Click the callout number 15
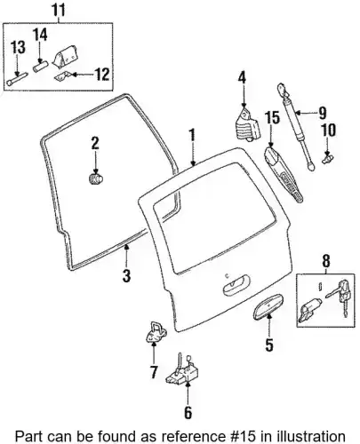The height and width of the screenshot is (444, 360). tap(272, 117)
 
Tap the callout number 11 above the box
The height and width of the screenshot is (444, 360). tap(59, 10)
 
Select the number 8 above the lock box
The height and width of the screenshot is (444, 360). tap(325, 261)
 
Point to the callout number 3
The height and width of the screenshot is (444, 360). tap(126, 275)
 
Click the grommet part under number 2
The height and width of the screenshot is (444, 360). tap(95, 179)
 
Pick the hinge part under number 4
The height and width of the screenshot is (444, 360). tap(247, 124)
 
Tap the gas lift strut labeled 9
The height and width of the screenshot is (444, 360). tap(296, 128)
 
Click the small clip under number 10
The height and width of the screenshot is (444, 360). tap(326, 158)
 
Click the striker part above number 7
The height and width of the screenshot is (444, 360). tap(156, 332)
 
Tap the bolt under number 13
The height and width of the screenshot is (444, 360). tap(17, 79)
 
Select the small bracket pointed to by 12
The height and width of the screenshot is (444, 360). tap(61, 76)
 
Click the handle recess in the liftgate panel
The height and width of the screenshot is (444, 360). tap(236, 284)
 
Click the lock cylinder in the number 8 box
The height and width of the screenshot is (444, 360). tap(310, 309)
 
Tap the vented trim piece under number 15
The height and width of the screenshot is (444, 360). tap(283, 174)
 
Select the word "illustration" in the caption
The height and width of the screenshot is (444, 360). tap(311, 436)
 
